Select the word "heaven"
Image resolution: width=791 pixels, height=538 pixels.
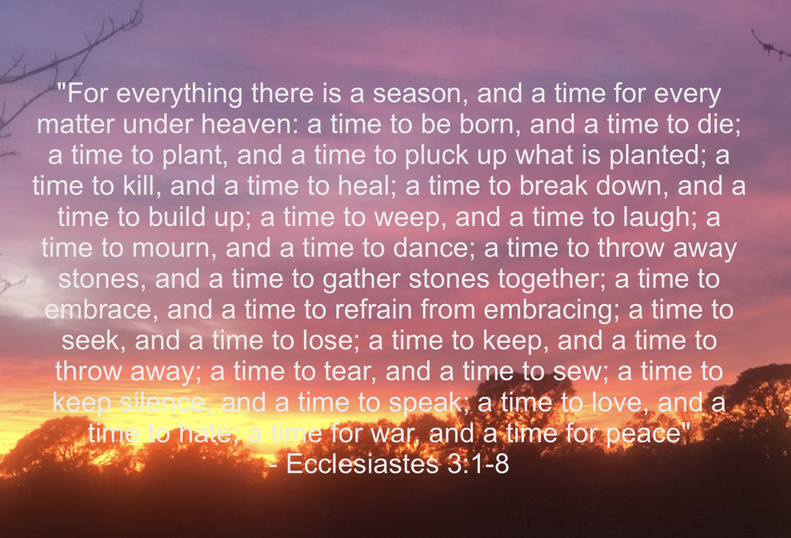coord(248,124)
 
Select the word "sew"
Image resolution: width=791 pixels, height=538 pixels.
coord(578,372)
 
